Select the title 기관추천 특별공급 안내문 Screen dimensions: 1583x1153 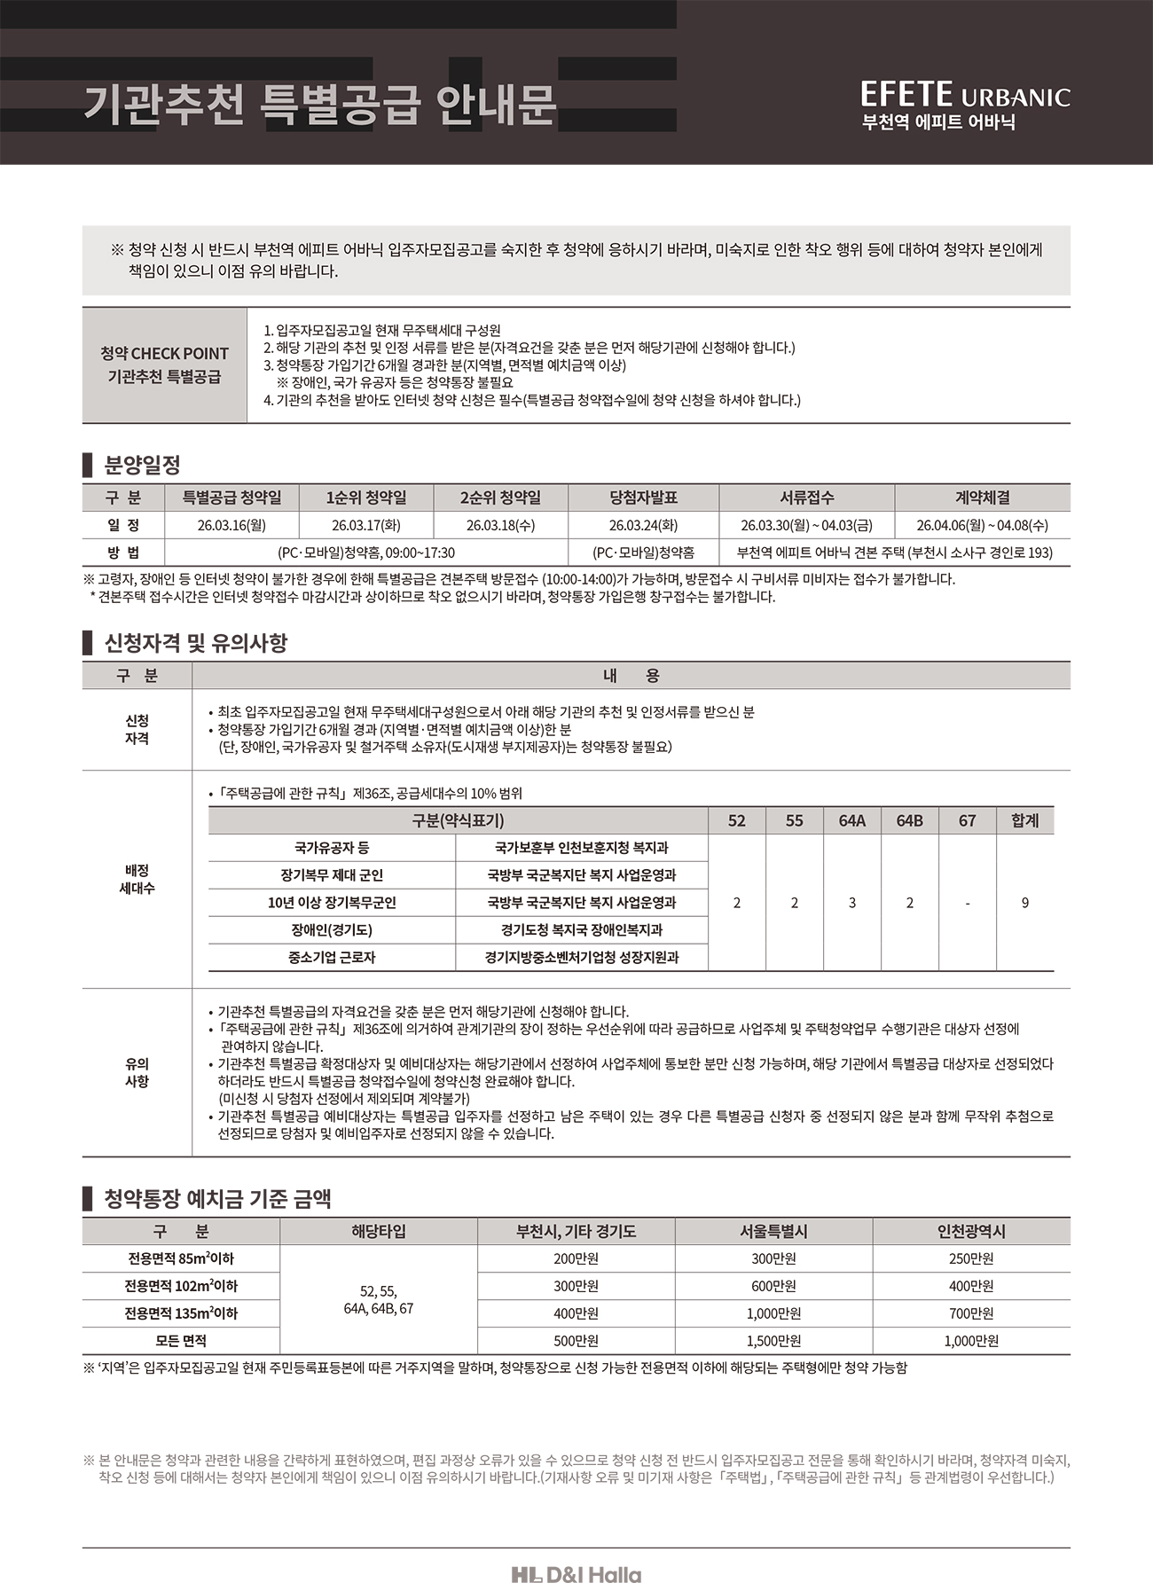[x=319, y=104]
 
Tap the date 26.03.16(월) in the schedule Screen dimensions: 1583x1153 [x=231, y=525]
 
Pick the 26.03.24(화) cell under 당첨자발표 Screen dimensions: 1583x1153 [x=643, y=525]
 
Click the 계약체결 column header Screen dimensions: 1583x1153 [x=982, y=498]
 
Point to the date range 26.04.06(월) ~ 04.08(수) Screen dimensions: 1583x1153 [x=982, y=525]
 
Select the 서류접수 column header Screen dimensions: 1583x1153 [x=806, y=498]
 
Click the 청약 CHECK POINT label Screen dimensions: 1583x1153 [x=165, y=353]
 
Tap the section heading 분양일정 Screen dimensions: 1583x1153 [x=142, y=464]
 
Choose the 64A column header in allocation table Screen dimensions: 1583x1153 [x=851, y=820]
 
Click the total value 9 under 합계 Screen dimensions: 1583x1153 [x=1024, y=903]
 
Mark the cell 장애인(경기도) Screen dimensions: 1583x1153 [x=332, y=930]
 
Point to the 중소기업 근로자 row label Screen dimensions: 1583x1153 [x=332, y=958]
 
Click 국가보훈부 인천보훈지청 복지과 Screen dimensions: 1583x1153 [x=581, y=848]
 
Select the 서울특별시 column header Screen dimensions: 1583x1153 [x=773, y=1232]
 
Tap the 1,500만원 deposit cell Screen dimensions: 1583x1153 [x=773, y=1341]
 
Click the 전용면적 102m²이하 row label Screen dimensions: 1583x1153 [x=181, y=1286]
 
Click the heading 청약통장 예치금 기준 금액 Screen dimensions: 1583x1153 [x=217, y=1200]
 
